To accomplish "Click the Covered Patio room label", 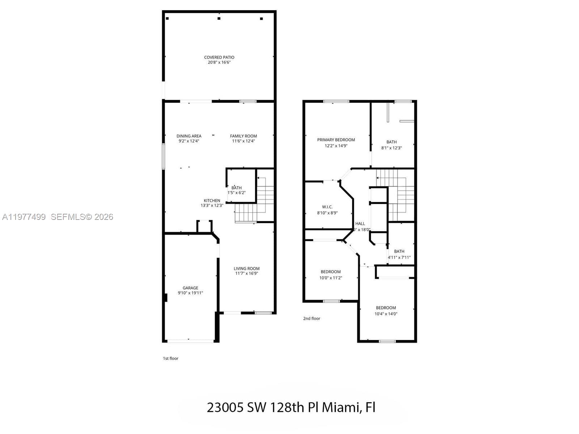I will [219, 57].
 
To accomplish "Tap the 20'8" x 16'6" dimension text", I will [219, 63].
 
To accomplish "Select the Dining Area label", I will [189, 136].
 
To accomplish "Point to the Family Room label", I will [244, 136].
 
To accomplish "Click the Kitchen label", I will [212, 200].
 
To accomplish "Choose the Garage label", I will [190, 288].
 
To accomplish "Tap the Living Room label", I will [246, 268].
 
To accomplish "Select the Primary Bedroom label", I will [336, 140].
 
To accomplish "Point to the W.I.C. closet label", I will [327, 207].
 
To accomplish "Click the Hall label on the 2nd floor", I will [360, 224].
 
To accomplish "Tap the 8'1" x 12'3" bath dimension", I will [391, 148].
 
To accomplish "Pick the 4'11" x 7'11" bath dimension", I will [399, 258].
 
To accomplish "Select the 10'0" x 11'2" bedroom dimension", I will [330, 278].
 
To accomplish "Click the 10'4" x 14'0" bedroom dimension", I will [386, 314].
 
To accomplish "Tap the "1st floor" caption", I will [170, 358].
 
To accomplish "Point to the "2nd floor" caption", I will [312, 319].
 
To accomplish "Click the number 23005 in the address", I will [225, 407].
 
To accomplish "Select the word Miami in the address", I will [341, 407].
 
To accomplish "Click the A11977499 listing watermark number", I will [24, 217].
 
